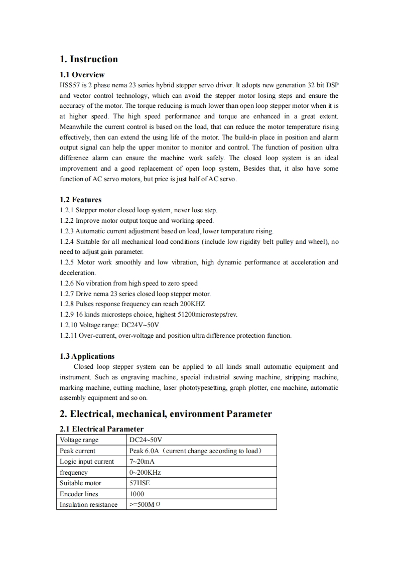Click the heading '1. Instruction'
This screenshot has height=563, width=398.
pyautogui.click(x=89, y=59)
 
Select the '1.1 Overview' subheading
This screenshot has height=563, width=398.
pyautogui.click(x=82, y=75)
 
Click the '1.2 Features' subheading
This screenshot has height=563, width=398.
pyautogui.click(x=80, y=200)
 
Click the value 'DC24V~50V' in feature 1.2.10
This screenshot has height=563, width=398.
pyautogui.click(x=141, y=325)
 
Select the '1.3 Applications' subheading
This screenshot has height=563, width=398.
pyautogui.click(x=87, y=356)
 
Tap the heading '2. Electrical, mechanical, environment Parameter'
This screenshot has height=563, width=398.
pyautogui.click(x=166, y=414)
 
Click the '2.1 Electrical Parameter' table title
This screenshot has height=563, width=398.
pyautogui.click(x=101, y=429)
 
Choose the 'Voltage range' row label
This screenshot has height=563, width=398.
pyautogui.click(x=79, y=440)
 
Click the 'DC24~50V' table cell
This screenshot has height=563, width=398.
pyautogui.click(x=143, y=440)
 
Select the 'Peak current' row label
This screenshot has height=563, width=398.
pyautogui.click(x=77, y=451)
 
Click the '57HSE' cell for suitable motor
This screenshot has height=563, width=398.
pyautogui.click(x=140, y=483)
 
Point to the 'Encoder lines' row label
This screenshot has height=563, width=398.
pyautogui.click(x=79, y=494)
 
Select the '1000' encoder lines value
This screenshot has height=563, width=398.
pyautogui.click(x=137, y=494)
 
